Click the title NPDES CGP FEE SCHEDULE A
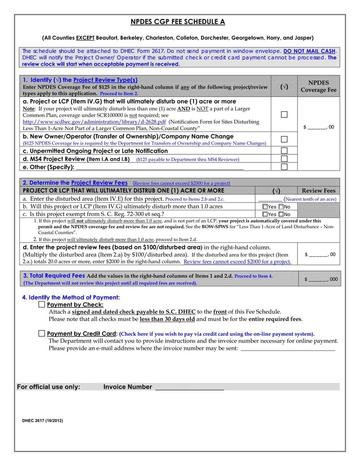click(x=178, y=22)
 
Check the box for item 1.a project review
click(x=284, y=114)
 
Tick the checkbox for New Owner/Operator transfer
click(x=284, y=139)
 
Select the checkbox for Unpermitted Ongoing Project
click(x=284, y=150)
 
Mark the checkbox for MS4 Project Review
click(x=284, y=158)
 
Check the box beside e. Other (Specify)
click(x=284, y=167)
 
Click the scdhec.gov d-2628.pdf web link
click(x=94, y=122)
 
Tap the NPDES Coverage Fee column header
click(x=319, y=86)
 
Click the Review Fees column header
click(x=319, y=190)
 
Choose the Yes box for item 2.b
click(x=265, y=207)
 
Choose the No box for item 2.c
click(x=281, y=214)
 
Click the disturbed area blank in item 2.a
click(x=270, y=199)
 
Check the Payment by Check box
click(x=42, y=305)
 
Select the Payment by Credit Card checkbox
click(x=42, y=334)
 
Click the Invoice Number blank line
click(x=189, y=387)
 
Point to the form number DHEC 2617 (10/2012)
click(x=43, y=421)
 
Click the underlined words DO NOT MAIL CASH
click(x=309, y=51)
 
